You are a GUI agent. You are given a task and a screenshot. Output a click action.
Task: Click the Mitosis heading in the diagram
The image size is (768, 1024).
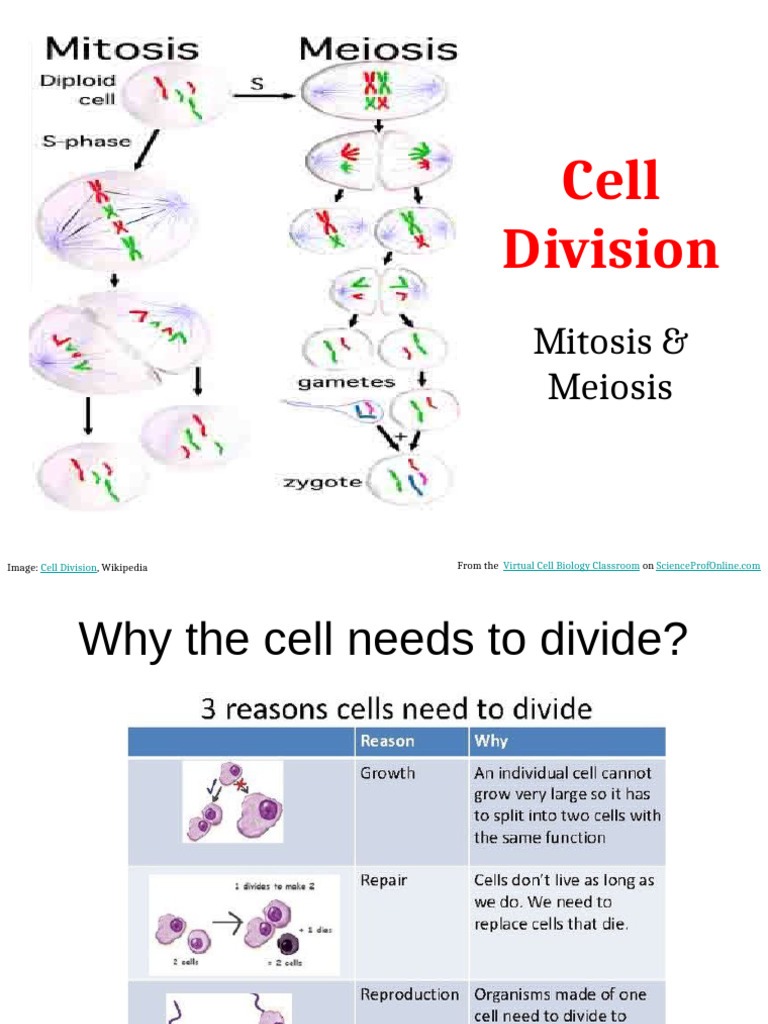coord(122,47)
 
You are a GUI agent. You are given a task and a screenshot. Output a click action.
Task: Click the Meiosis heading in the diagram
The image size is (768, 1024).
coord(378,47)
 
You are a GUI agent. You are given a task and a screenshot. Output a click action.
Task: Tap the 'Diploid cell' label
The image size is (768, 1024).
coord(79,89)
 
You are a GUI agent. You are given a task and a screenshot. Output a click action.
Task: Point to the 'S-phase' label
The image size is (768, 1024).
coord(85,141)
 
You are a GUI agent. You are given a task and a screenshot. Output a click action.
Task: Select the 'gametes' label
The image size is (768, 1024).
coord(346,382)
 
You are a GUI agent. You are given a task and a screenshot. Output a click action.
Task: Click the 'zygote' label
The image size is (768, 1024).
coord(321,482)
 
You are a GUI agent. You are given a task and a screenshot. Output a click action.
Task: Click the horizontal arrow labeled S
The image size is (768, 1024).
coord(262,96)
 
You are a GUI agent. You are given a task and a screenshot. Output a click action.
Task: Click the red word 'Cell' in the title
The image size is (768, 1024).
coord(610,181)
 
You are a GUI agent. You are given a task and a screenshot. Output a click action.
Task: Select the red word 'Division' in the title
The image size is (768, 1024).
coord(610,250)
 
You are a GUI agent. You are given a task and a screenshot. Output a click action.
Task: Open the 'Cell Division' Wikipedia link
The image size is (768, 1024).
coord(69,568)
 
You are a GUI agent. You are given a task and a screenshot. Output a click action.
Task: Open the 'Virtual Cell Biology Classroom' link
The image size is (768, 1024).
coord(571,566)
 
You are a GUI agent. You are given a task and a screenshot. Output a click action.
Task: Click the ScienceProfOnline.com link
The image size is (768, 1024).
coord(708,566)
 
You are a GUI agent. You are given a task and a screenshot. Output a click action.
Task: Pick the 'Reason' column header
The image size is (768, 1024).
coord(387,741)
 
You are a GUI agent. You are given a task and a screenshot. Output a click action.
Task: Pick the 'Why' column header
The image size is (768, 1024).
coord(491,741)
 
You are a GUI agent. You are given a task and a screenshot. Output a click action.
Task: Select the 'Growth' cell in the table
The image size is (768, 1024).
coord(387,773)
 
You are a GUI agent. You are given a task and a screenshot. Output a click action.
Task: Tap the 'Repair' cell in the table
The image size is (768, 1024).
coord(384,881)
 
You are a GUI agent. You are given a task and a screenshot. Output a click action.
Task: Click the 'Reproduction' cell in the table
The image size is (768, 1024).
coord(409,995)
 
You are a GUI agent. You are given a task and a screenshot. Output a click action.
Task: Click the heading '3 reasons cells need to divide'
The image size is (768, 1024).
coord(396,709)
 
